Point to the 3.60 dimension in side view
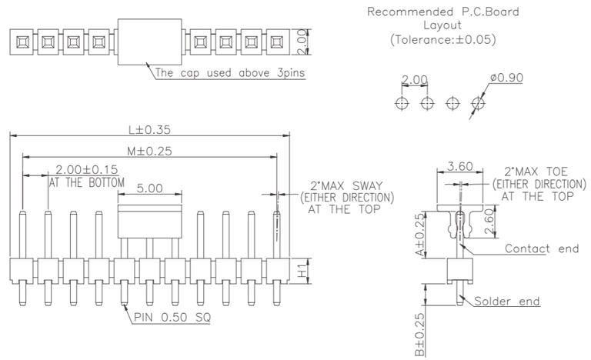(x=459, y=165)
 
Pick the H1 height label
(x=302, y=272)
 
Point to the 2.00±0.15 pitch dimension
(x=86, y=170)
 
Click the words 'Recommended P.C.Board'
(x=442, y=12)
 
